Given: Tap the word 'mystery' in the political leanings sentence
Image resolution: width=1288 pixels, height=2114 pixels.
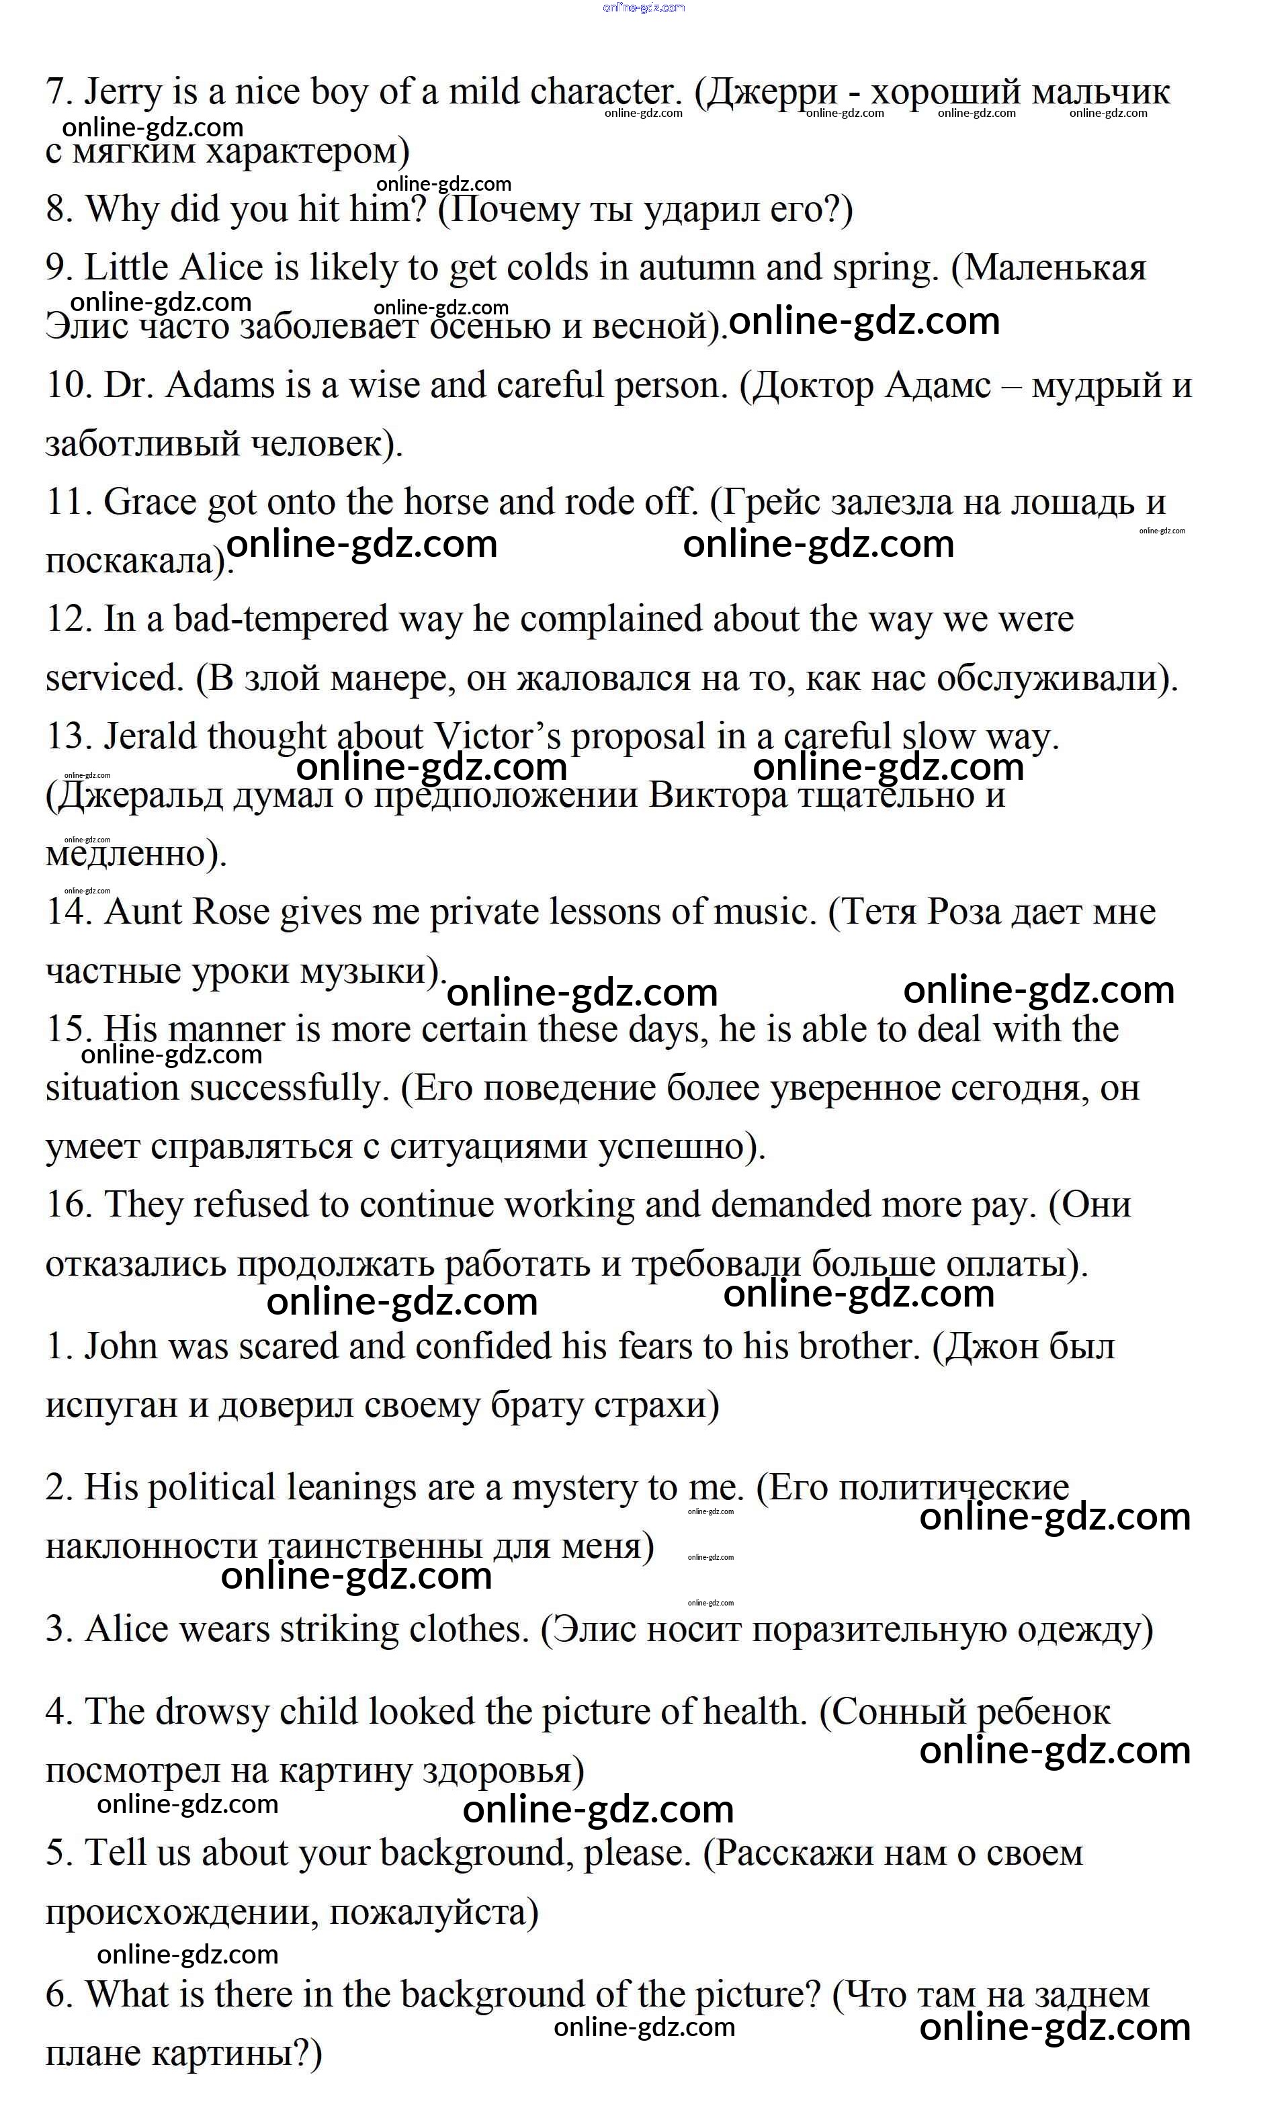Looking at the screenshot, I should [x=580, y=1488].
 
